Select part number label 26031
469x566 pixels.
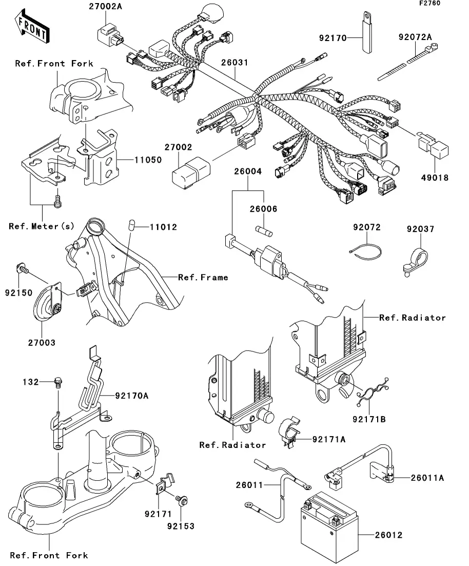[x=235, y=63]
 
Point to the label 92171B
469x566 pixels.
[x=369, y=419]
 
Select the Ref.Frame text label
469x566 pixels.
[x=203, y=278]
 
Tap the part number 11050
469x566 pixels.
[x=148, y=160]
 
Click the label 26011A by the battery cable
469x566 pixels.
[x=427, y=478]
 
